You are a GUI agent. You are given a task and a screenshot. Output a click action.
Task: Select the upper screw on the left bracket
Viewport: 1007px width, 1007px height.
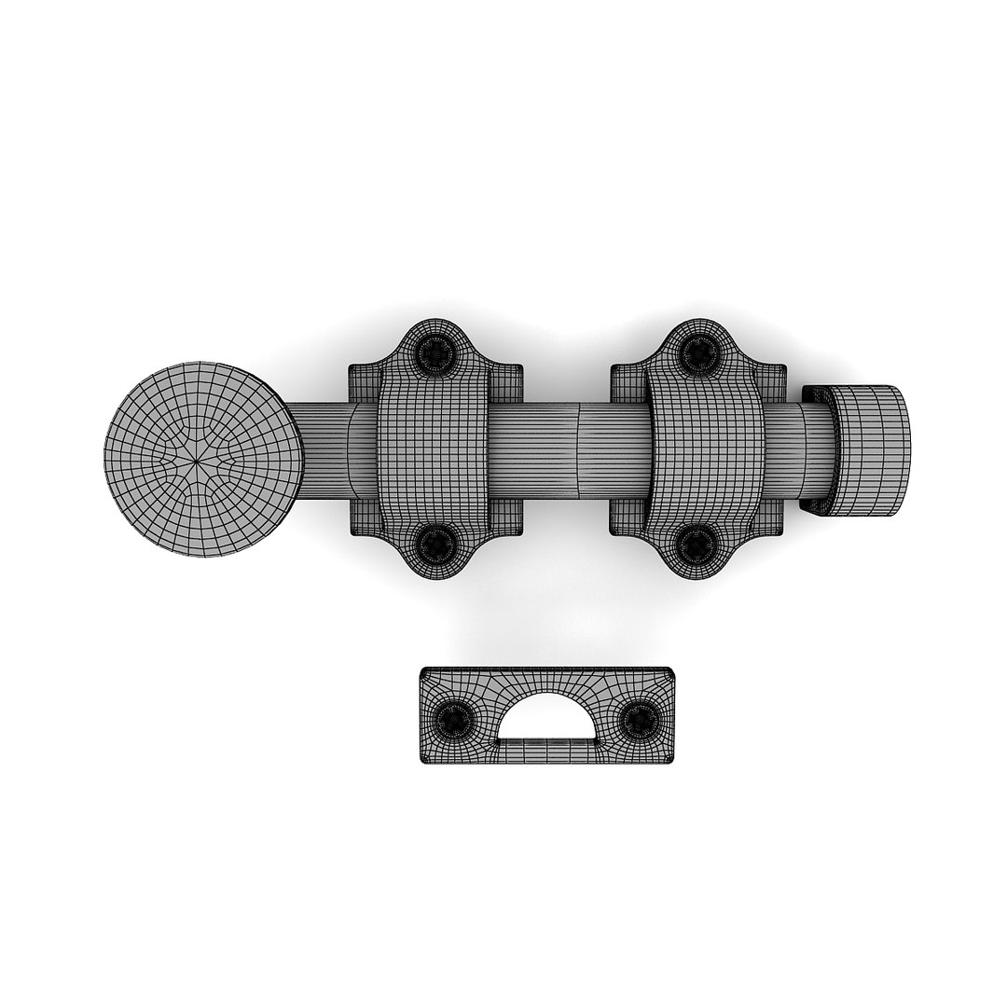click(x=434, y=352)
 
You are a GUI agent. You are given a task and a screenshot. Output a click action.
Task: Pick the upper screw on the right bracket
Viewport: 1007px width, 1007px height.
click(x=697, y=352)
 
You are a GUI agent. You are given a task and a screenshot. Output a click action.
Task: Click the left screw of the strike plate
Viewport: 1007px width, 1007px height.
click(x=455, y=718)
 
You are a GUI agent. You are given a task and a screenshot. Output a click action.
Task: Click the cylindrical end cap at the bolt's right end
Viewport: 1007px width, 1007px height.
click(x=869, y=451)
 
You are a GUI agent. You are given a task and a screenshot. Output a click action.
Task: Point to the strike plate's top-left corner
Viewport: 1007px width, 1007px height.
click(x=424, y=672)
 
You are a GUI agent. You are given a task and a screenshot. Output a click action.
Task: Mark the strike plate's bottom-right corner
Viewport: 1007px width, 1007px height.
click(x=669, y=760)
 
